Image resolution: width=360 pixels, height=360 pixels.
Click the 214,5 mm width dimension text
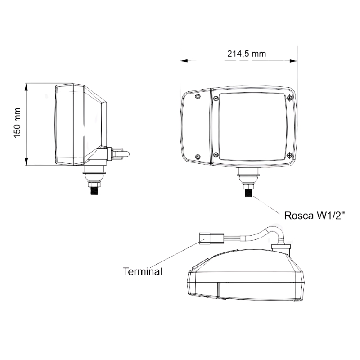[x=246, y=54]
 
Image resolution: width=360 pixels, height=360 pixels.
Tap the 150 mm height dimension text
[x=18, y=123]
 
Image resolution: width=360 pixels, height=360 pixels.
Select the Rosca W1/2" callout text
[x=315, y=216]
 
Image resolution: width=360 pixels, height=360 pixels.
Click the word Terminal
[x=142, y=271]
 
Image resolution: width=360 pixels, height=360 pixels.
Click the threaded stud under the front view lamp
[x=248, y=191]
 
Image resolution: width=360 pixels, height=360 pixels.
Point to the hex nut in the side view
[x=94, y=182]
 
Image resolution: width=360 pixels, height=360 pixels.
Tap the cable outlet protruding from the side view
[x=121, y=154]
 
